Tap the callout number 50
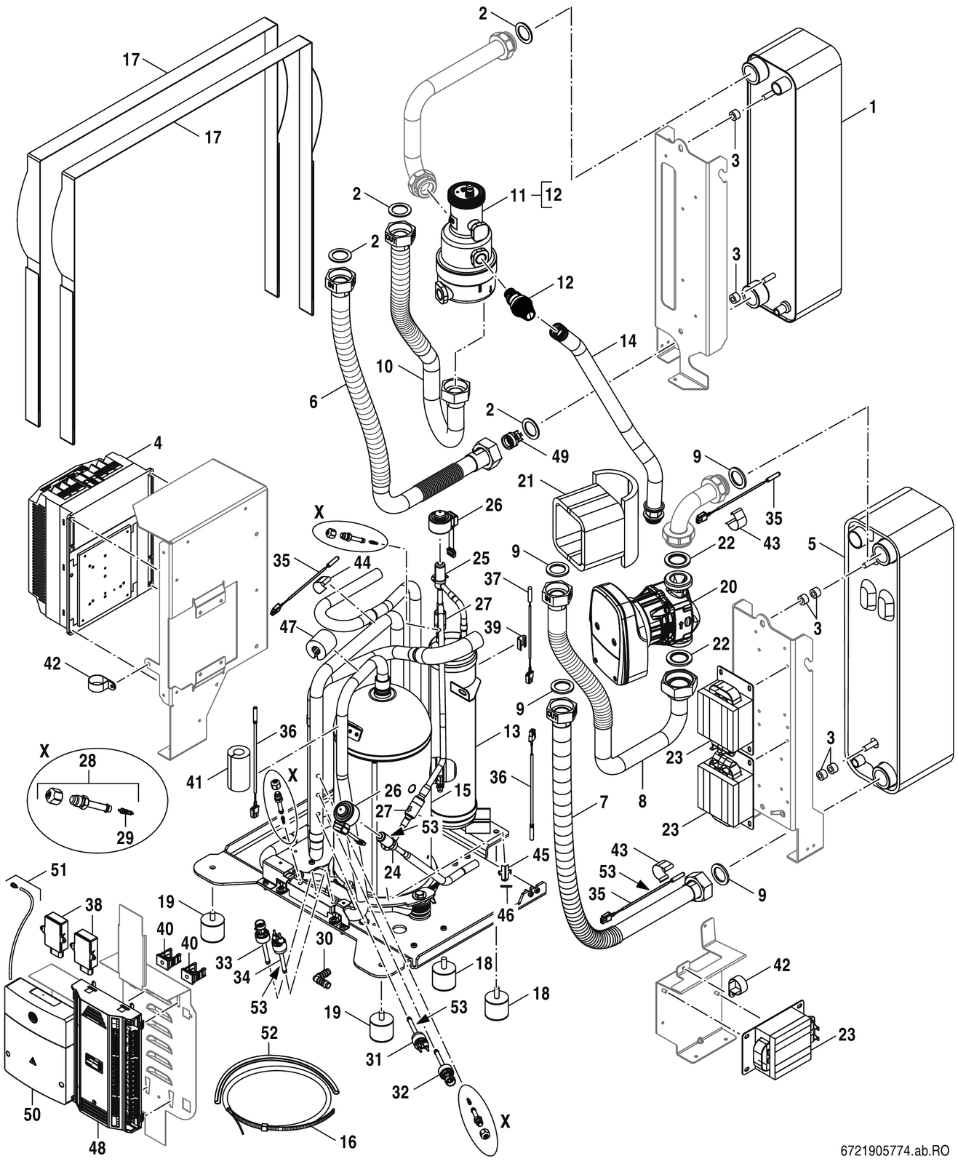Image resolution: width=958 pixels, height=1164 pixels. [33, 1115]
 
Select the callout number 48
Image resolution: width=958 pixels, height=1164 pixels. [97, 1148]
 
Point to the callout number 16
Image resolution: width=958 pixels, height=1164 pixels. [348, 1141]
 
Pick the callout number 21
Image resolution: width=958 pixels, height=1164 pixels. [527, 482]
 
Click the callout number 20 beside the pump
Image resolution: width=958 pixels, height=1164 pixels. [728, 586]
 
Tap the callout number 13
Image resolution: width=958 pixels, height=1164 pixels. [511, 731]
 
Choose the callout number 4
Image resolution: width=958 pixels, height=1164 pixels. [158, 442]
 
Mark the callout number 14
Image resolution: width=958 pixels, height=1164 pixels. [628, 341]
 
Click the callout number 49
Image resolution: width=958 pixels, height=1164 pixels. [559, 456]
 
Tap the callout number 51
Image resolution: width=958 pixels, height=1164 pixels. [58, 870]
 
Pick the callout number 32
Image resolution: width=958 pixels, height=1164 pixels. [401, 1092]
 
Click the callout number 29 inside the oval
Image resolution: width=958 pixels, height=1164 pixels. [125, 837]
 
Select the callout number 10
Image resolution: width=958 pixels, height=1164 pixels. [385, 367]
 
